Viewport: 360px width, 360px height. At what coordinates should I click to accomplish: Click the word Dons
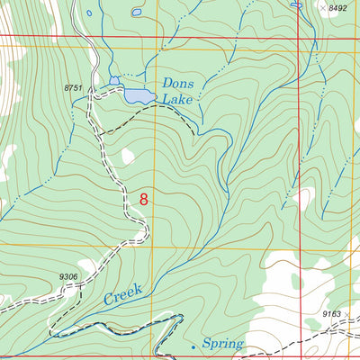tap(178, 83)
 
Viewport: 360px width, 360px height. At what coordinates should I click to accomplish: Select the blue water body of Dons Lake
tap(137, 95)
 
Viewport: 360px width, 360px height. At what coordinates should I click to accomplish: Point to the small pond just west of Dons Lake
tap(114, 81)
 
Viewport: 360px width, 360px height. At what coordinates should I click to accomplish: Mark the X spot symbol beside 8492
tap(321, 7)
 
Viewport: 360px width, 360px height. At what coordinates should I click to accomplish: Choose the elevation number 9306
tap(69, 277)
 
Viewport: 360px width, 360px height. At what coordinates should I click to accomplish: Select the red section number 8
tap(143, 199)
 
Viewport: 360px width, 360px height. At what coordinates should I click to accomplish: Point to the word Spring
tap(221, 344)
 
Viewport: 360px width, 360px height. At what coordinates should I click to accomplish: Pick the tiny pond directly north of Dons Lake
tap(135, 13)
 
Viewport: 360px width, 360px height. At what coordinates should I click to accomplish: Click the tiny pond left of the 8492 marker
tap(296, 4)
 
